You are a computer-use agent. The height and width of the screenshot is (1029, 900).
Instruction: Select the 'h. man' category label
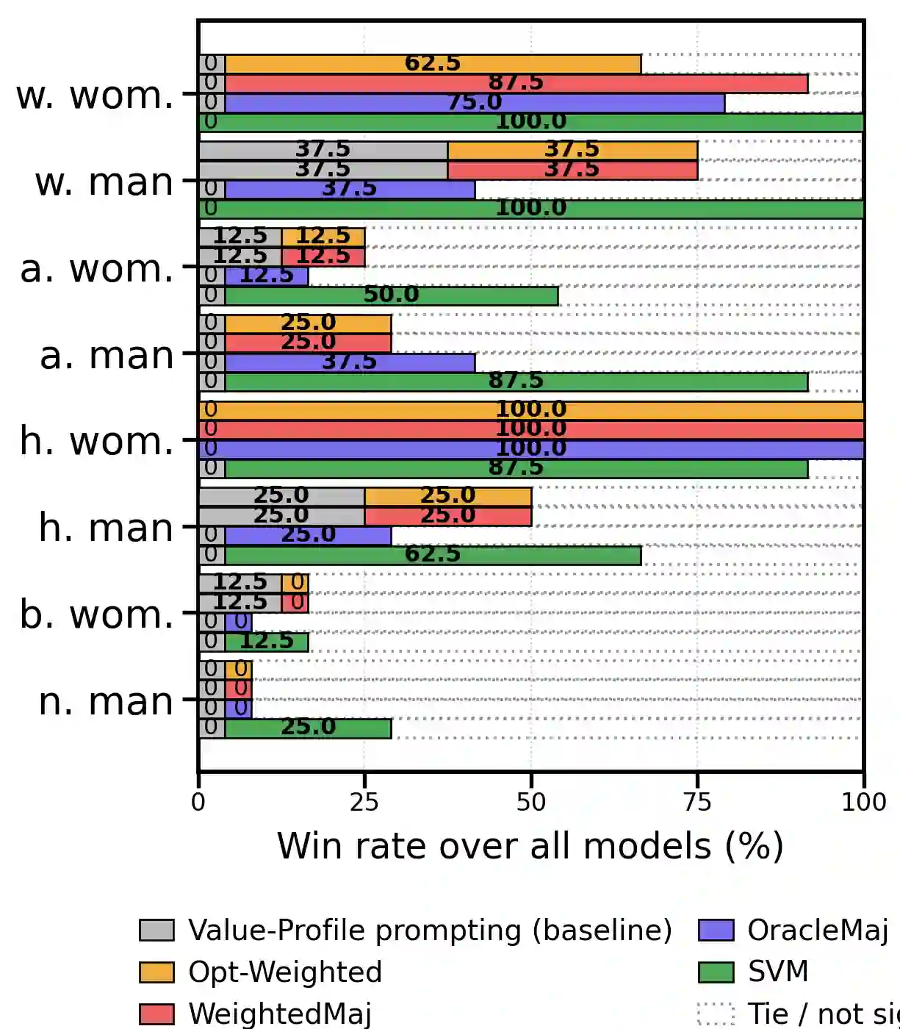click(107, 528)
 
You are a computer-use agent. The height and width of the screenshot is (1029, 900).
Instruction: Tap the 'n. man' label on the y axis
click(107, 701)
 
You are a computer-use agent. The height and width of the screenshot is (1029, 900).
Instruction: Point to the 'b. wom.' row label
click(96, 614)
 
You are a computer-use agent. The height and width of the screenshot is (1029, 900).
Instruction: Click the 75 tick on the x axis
click(696, 801)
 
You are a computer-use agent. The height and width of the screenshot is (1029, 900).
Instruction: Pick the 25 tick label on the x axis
click(364, 801)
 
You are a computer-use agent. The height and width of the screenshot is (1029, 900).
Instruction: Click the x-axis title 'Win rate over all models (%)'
click(530, 846)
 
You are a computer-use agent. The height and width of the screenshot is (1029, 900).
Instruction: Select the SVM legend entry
click(777, 972)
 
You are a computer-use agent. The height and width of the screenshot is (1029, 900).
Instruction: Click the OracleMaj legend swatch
click(716, 931)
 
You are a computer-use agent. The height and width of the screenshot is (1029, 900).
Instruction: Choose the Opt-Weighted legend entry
click(285, 972)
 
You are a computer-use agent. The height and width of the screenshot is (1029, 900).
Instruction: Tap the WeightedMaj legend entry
click(279, 1013)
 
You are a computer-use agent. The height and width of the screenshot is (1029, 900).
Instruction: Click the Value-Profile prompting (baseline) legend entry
click(430, 931)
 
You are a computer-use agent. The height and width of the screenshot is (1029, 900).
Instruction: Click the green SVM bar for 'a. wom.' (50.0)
click(391, 295)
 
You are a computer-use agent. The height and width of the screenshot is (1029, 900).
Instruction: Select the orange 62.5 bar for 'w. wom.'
click(433, 64)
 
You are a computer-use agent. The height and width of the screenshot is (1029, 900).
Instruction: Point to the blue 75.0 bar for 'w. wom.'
click(475, 103)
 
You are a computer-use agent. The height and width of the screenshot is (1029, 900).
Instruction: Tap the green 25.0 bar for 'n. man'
click(308, 728)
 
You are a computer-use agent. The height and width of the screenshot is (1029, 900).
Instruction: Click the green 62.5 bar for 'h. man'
click(433, 555)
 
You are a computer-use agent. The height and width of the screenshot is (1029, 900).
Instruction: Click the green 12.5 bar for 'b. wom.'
click(266, 642)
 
